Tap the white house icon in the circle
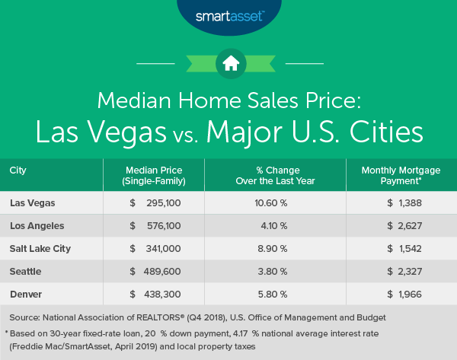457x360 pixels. click(228, 63)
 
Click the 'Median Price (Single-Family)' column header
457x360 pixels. click(155, 175)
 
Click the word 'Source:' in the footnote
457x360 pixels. click(27, 316)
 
